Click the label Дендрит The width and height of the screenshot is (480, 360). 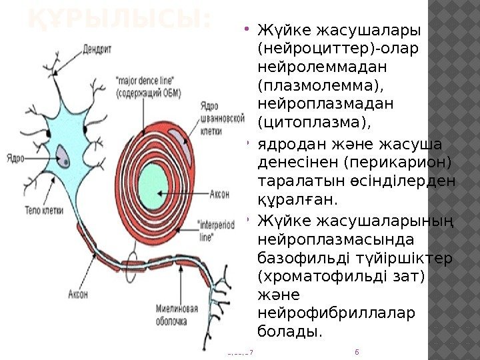(x=97, y=48)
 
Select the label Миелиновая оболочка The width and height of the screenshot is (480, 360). (x=177, y=315)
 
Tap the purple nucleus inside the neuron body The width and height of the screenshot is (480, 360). (x=64, y=157)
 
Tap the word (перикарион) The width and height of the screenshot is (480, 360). (x=399, y=163)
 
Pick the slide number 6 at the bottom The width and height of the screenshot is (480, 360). (x=358, y=351)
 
